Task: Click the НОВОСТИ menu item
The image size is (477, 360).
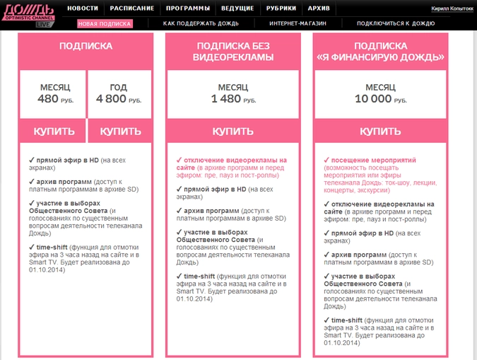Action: pyautogui.click(x=83, y=8)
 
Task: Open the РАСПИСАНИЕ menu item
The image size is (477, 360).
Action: pyautogui.click(x=132, y=8)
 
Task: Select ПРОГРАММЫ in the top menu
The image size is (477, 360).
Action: pyautogui.click(x=188, y=8)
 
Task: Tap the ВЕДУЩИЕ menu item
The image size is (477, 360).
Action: pyautogui.click(x=238, y=8)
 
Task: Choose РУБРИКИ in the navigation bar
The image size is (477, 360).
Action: pyautogui.click(x=282, y=8)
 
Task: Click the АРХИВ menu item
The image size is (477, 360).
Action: pyautogui.click(x=319, y=8)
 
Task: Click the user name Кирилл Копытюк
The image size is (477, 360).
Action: pyautogui.click(x=452, y=8)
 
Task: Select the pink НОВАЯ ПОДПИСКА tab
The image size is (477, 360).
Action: pyautogui.click(x=105, y=23)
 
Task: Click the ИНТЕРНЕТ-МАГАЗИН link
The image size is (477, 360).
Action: pyautogui.click(x=292, y=23)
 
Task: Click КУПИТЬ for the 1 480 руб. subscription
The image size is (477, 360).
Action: pyautogui.click(x=233, y=132)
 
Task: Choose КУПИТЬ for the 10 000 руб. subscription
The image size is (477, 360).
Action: pyautogui.click(x=380, y=132)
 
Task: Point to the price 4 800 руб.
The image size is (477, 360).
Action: pyautogui.click(x=119, y=100)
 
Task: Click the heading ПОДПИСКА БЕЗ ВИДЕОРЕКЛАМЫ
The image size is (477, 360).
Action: pyautogui.click(x=233, y=52)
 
